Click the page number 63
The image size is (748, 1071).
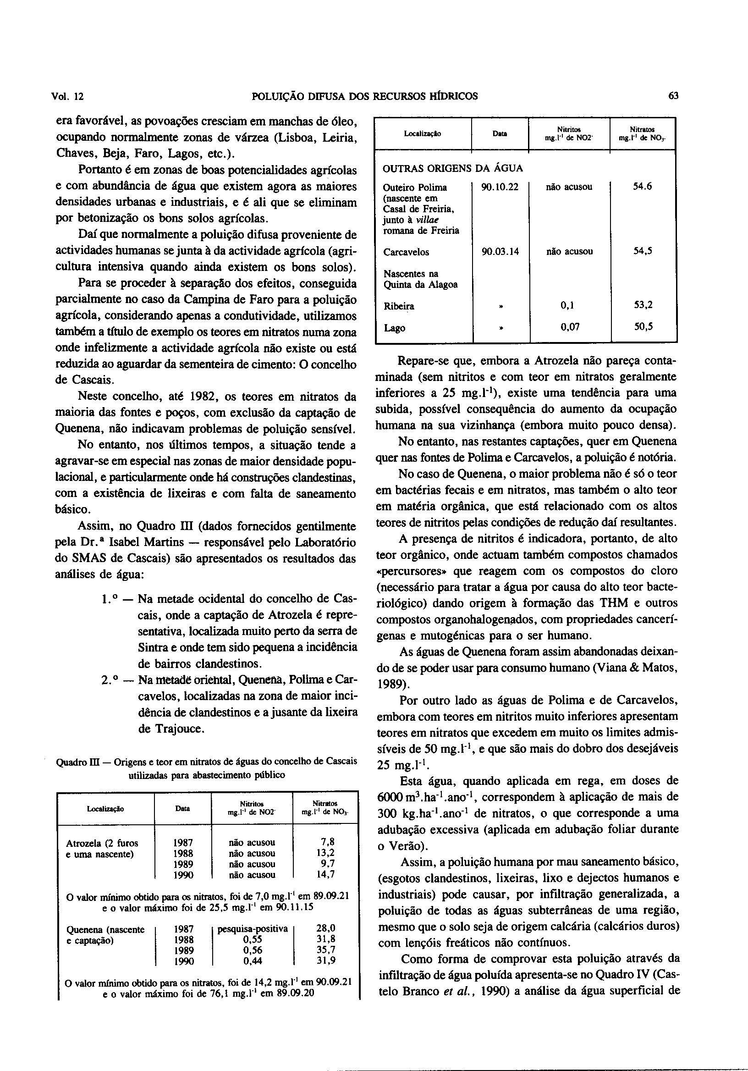673,97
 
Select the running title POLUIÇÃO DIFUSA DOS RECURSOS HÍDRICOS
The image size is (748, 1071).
364,97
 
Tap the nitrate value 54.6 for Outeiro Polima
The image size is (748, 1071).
642,187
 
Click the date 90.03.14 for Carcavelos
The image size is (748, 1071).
500,252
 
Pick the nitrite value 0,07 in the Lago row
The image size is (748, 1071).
569,327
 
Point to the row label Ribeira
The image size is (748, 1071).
399,306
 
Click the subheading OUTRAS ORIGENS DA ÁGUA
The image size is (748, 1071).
452,168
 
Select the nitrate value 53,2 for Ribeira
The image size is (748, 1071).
643,305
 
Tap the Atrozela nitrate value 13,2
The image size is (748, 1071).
325,853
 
